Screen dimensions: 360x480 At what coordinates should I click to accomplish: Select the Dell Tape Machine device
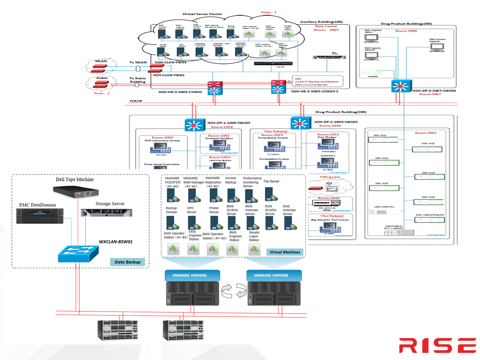(x=76, y=192)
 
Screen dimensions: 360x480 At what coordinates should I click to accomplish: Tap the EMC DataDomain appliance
(x=40, y=216)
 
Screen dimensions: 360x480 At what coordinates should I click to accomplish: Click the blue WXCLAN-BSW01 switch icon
(x=78, y=254)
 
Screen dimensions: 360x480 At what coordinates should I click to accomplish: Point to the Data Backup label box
(x=127, y=262)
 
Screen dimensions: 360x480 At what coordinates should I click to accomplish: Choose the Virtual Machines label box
(x=284, y=252)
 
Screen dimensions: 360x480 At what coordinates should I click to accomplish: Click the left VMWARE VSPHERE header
(x=189, y=275)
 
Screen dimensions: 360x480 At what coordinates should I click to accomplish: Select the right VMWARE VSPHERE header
(x=271, y=275)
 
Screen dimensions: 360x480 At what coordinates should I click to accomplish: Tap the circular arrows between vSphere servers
(x=234, y=291)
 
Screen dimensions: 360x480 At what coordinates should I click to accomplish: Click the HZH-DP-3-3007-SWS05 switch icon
(x=401, y=86)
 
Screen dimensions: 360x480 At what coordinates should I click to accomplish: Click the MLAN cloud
(x=101, y=66)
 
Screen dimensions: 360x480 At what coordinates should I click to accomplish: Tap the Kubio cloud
(x=101, y=83)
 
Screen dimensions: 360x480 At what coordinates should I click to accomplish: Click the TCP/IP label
(x=136, y=101)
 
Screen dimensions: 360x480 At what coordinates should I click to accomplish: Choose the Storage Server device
(x=107, y=213)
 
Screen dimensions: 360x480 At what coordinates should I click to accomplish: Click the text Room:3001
(x=426, y=133)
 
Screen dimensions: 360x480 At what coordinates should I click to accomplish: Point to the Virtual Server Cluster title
(x=202, y=14)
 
